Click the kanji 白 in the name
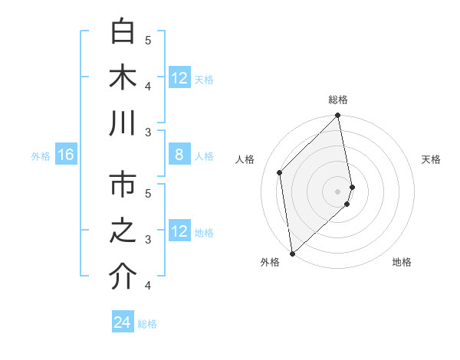pos(123,32)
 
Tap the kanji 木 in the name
pos(123,78)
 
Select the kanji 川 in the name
pos(123,124)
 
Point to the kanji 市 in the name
pos(123,185)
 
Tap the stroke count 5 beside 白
pos(149,40)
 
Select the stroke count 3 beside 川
pos(149,133)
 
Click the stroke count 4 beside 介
pos(149,286)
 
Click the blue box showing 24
pos(123,322)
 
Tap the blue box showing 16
pos(66,155)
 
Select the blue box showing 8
pos(179,155)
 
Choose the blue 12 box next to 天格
pos(179,78)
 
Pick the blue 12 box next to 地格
pos(179,232)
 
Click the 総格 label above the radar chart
pos(338,100)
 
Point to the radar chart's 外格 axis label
pos(270,263)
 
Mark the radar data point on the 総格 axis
pos(338,116)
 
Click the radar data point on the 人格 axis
pos(280,172)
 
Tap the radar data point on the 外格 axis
pos(292,253)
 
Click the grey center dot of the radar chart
pos(338,191)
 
